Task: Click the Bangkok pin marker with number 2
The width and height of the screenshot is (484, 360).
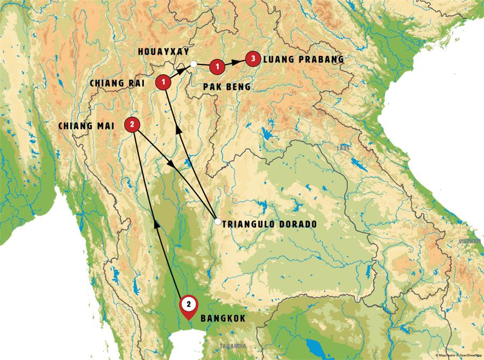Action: (x=188, y=305)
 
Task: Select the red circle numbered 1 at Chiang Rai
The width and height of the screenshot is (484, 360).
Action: (x=163, y=82)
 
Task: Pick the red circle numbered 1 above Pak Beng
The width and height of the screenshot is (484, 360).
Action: (x=216, y=66)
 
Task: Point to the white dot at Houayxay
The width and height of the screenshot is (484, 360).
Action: (x=193, y=65)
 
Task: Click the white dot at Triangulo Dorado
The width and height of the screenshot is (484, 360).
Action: (x=217, y=221)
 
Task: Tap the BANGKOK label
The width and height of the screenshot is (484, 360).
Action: (x=223, y=319)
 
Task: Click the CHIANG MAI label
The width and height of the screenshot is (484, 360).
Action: (x=89, y=126)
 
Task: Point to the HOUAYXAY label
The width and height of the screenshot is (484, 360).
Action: (x=163, y=52)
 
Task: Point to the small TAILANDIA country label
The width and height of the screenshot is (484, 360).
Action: (x=233, y=345)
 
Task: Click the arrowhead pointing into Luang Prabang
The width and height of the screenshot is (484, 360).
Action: (x=239, y=62)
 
